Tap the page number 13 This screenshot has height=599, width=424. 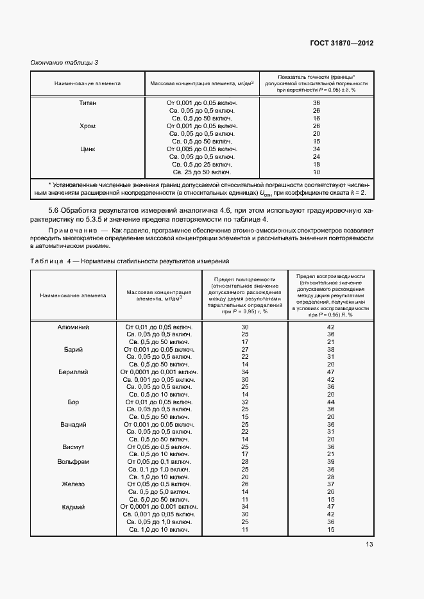(x=369, y=545)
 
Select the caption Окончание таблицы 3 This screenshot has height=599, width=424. (x=65, y=62)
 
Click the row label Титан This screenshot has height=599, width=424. (x=87, y=103)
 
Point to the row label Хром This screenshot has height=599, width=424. (x=87, y=126)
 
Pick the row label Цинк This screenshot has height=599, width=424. (x=87, y=149)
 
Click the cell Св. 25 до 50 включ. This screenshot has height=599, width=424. (x=202, y=172)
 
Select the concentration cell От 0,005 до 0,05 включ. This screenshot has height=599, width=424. (x=202, y=149)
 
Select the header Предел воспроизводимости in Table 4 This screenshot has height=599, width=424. (x=330, y=276)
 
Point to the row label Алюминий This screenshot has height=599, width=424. (x=73, y=327)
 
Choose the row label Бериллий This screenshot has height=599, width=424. (x=73, y=372)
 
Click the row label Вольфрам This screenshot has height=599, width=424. (x=73, y=461)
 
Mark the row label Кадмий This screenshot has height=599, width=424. (x=73, y=507)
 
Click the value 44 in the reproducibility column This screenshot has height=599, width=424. (x=331, y=402)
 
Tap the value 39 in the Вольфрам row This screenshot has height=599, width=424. (x=331, y=461)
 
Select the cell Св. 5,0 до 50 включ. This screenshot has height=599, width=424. (x=158, y=499)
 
